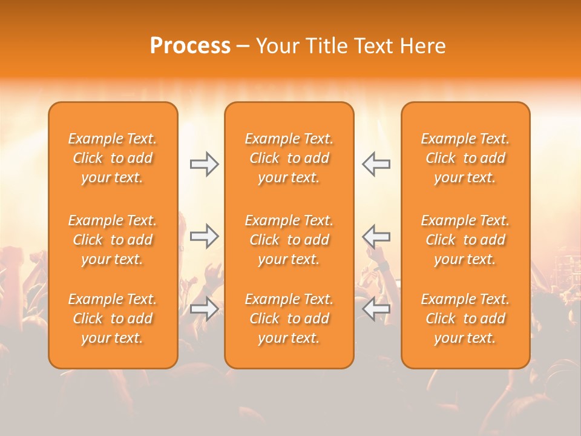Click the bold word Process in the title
point(190,46)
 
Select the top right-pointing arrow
point(204,164)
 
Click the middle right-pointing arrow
point(204,236)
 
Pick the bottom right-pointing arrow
point(204,309)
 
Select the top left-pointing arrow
point(376,164)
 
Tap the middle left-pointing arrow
point(376,236)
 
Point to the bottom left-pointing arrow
point(376,309)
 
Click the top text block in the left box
point(113,158)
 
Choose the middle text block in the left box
point(113,240)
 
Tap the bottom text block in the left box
point(113,319)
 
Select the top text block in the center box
point(289,158)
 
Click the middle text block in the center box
point(289,240)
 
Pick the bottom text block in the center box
point(289,319)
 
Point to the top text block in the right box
point(465,158)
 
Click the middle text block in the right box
point(465,240)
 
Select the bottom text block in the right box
point(465,319)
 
